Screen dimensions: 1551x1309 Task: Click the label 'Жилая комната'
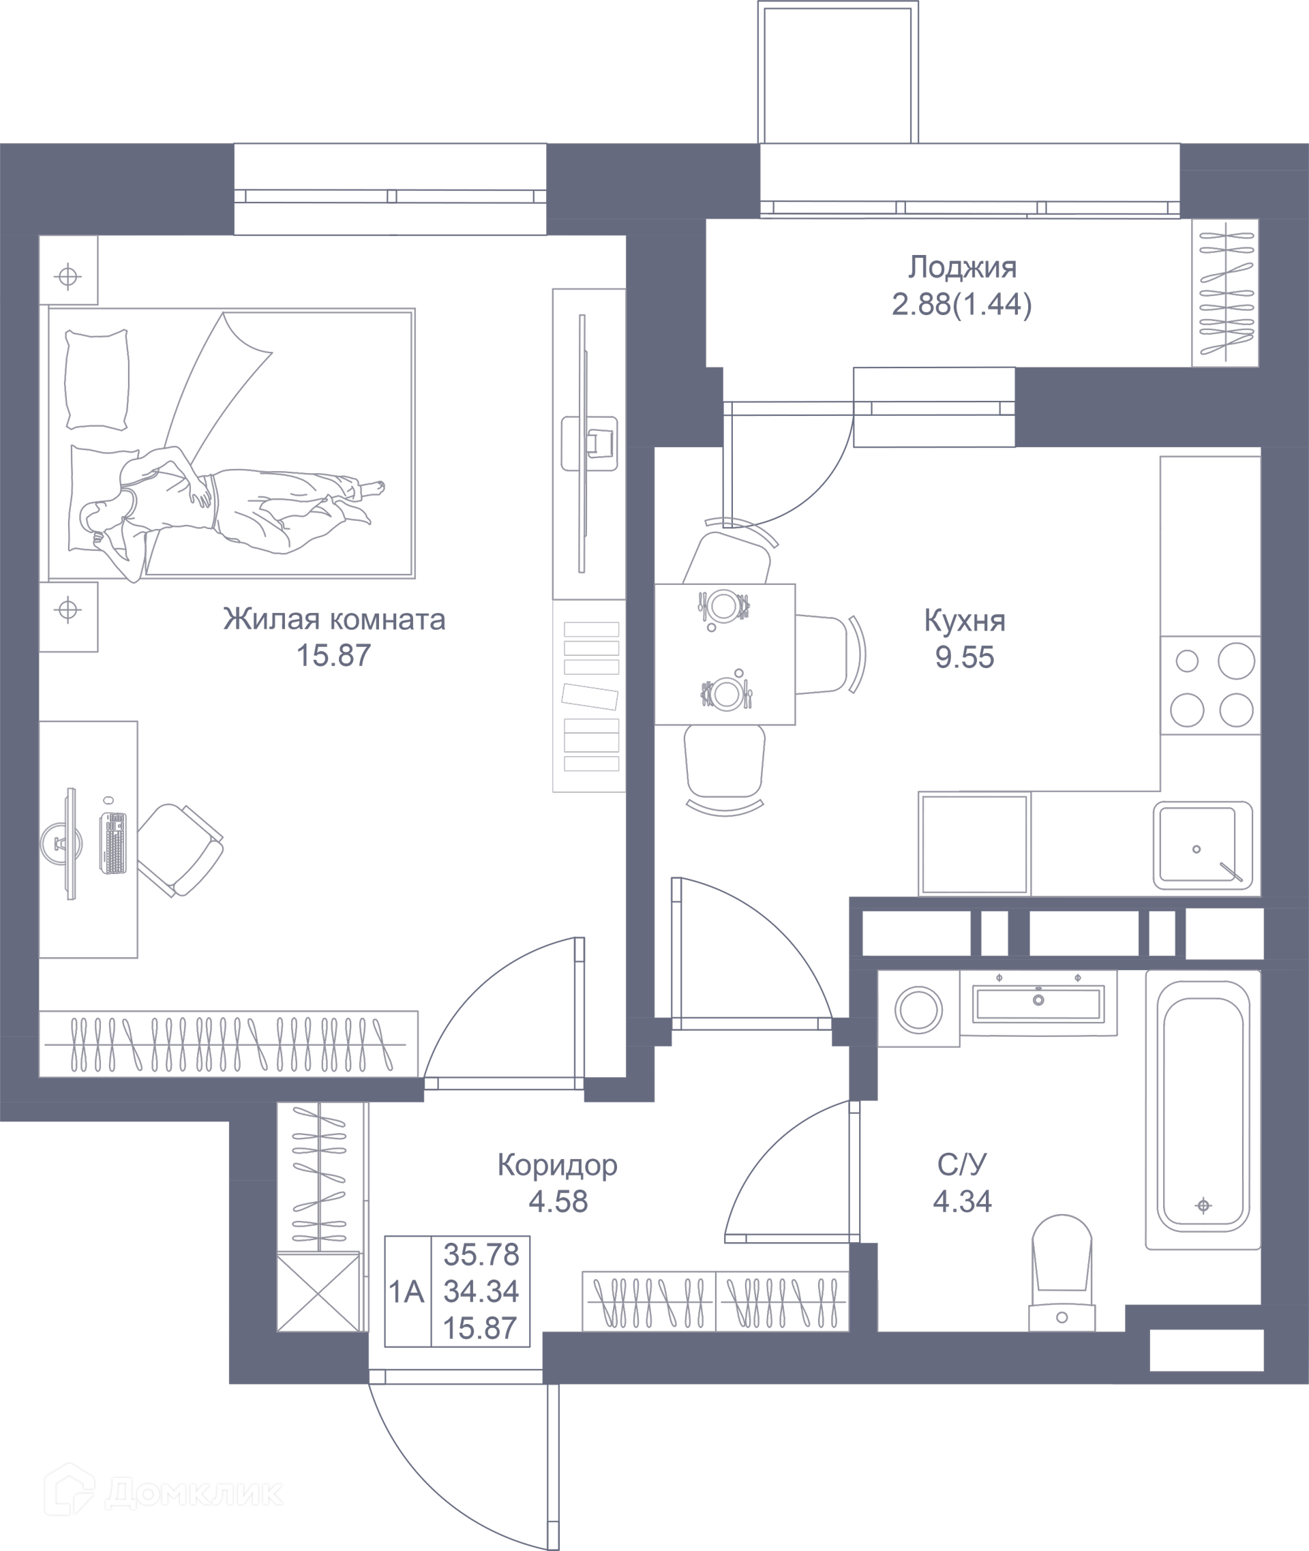(334, 619)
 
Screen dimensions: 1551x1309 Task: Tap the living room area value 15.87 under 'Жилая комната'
(333, 655)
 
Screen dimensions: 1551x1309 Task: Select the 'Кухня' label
(965, 620)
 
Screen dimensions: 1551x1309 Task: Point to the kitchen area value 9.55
(965, 657)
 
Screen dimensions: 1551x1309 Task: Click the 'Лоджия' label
(963, 267)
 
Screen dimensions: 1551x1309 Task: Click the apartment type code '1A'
(406, 1292)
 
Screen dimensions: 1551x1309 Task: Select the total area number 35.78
(481, 1255)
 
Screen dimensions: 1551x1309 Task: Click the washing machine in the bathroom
(918, 1009)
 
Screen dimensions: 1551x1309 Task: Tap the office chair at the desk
(182, 849)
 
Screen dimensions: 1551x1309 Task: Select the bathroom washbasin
(1038, 1003)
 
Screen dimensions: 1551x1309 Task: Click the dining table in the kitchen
(724, 654)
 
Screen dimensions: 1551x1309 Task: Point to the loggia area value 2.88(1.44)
(962, 304)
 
